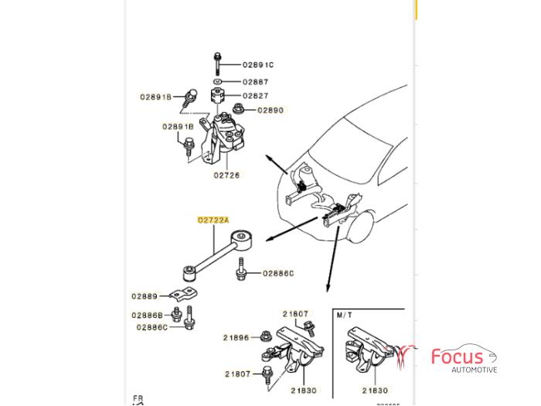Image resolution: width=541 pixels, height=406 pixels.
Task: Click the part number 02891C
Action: (258, 65)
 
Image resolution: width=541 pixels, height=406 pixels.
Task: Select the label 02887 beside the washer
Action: (256, 81)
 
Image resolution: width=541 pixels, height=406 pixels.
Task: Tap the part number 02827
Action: (256, 96)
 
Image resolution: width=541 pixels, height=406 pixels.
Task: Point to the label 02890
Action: (270, 111)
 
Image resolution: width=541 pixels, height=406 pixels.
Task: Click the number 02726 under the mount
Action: (227, 176)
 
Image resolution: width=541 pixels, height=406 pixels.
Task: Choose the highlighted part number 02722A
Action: (213, 220)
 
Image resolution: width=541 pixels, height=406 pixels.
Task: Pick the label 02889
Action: (145, 296)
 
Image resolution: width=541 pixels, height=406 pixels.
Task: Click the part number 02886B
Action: (147, 316)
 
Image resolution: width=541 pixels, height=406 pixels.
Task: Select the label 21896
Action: (236, 338)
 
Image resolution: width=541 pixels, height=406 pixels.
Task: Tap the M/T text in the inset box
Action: (345, 316)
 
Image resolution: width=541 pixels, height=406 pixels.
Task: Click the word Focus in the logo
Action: (457, 357)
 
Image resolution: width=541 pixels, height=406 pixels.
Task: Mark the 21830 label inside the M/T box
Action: (375, 391)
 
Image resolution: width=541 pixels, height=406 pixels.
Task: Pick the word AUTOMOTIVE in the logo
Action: (475, 370)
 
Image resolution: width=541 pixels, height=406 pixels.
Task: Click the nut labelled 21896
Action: (265, 336)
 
